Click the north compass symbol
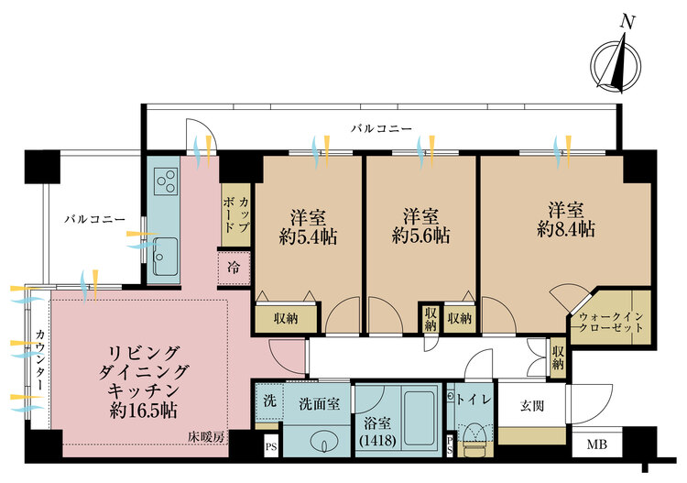click(x=616, y=66)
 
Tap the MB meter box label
click(x=597, y=445)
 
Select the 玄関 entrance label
click(x=532, y=406)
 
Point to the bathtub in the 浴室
click(x=419, y=418)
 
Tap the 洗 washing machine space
click(x=269, y=401)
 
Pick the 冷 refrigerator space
click(x=234, y=267)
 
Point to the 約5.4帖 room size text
click(x=308, y=237)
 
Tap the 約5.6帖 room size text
click(x=420, y=236)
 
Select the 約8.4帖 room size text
click(x=566, y=229)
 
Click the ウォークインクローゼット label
click(x=611, y=322)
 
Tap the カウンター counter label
click(x=40, y=360)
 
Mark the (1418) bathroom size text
click(x=377, y=440)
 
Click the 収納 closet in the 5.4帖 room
click(x=286, y=318)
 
